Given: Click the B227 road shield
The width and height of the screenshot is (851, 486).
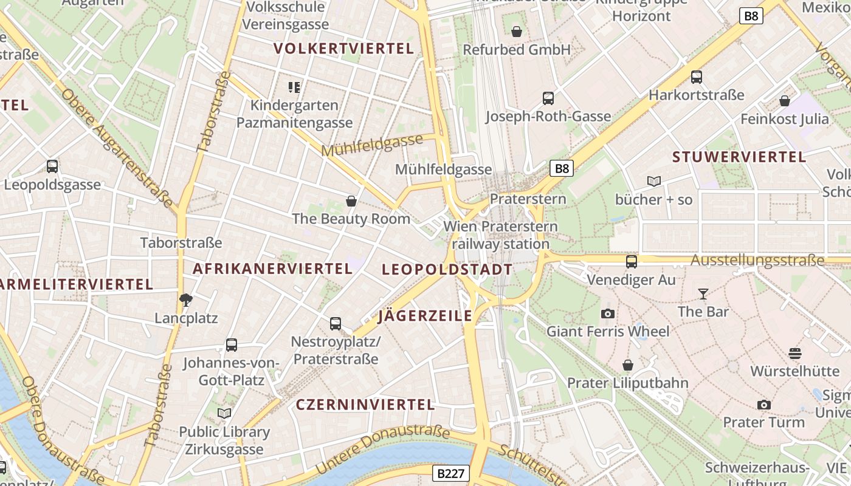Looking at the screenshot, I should tap(451, 473).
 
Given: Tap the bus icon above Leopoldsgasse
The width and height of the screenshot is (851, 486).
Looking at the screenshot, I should tap(52, 166).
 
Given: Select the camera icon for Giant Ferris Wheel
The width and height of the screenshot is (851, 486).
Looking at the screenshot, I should tap(607, 313).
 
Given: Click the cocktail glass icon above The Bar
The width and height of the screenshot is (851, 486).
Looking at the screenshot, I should tap(703, 294).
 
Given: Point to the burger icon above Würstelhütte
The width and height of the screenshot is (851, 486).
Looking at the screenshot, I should tap(794, 353).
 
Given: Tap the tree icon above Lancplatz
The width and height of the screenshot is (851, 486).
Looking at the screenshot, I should tap(186, 299).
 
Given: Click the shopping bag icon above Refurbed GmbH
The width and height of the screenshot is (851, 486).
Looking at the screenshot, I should tap(517, 32).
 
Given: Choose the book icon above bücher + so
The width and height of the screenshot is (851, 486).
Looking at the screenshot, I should tap(654, 181).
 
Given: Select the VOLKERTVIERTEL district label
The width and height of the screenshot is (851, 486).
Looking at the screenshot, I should tap(343, 49).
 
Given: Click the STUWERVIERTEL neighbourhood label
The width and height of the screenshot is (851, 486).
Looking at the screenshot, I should tap(739, 157).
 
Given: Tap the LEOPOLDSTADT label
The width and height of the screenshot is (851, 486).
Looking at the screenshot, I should tap(447, 270).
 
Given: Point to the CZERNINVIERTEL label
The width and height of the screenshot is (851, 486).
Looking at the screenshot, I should tap(365, 405).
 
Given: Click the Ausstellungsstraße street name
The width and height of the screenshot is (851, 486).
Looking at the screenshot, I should tap(757, 261).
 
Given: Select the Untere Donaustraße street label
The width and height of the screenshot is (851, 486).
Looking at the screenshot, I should tap(383, 450).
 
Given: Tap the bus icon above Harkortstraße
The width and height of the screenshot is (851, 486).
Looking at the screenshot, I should tap(697, 77).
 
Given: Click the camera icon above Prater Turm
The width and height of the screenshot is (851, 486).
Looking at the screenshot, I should tap(764, 405).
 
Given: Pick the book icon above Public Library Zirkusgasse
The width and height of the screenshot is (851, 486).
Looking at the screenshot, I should tap(224, 414).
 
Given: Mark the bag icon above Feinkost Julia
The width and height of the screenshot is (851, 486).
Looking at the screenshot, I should tap(785, 101).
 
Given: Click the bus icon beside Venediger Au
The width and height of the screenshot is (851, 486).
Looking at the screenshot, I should tap(632, 262).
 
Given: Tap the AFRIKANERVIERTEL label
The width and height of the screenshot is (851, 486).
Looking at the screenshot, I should tap(272, 269).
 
